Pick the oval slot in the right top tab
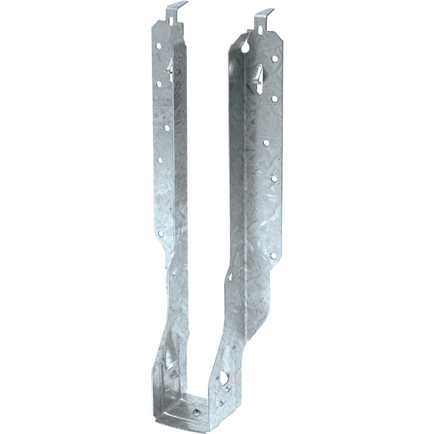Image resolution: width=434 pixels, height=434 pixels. point(261,30)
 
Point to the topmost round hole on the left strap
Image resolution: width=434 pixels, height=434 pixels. point(159,46)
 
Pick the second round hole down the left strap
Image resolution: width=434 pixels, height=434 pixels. point(159,84)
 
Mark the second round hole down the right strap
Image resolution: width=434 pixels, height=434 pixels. point(274,99)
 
